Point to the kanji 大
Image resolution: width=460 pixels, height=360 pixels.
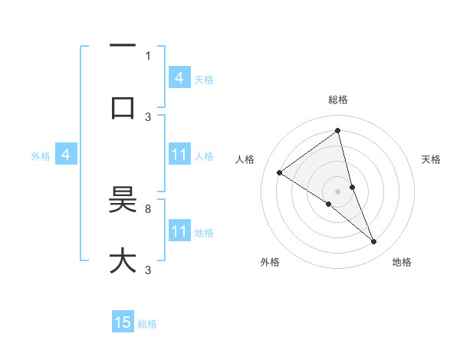pyautogui.click(x=123, y=260)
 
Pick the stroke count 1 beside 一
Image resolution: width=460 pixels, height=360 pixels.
pyautogui.click(x=148, y=55)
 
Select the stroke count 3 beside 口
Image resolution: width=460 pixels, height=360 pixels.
pyautogui.click(x=148, y=116)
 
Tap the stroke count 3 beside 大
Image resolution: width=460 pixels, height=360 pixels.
pyautogui.click(x=148, y=270)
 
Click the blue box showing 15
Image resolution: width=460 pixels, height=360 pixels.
pyautogui.click(x=123, y=322)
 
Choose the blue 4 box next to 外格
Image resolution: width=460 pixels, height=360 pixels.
pyautogui.click(x=66, y=155)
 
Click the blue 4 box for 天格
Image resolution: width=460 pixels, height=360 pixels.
pyautogui.click(x=179, y=78)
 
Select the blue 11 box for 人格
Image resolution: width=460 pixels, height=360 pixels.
pyautogui.click(x=179, y=155)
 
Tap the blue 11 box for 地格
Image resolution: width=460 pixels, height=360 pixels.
pyautogui.click(x=179, y=231)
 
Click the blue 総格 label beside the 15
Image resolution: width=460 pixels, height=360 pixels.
pyautogui.click(x=147, y=324)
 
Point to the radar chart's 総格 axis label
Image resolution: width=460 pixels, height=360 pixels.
pyautogui.click(x=338, y=100)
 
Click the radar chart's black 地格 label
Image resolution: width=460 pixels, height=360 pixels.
pyautogui.click(x=402, y=262)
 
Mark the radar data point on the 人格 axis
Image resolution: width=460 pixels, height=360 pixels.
pyautogui.click(x=279, y=172)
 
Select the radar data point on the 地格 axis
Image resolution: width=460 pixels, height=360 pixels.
pyautogui.click(x=374, y=242)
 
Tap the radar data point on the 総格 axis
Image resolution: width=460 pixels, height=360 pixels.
pyautogui.click(x=338, y=131)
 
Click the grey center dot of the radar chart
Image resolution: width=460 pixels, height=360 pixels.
pyautogui.click(x=338, y=191)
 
